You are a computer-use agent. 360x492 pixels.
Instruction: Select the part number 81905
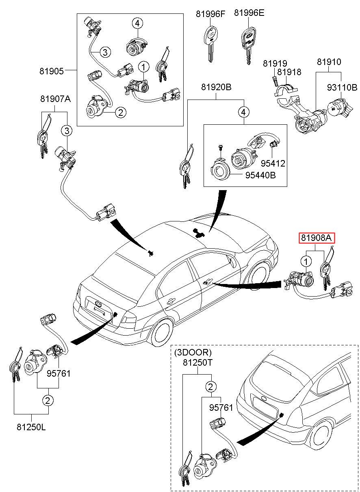coord(52,71)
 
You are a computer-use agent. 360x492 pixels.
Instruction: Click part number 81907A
coord(55,99)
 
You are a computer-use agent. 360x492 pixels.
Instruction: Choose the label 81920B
coord(216,87)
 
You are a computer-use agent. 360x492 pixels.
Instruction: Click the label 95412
coord(273,163)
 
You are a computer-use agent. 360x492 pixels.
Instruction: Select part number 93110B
coord(342,87)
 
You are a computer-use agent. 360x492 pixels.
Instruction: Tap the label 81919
coord(275,63)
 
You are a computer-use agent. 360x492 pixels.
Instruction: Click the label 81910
coord(329,62)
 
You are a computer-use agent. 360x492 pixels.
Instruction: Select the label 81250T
coord(197,363)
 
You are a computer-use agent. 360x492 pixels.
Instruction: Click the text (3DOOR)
coord(193,353)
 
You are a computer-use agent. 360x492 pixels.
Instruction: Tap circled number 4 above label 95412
coord(243,112)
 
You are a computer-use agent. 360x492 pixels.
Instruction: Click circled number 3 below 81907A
coord(66,130)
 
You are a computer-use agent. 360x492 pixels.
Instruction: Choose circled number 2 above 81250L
coord(48,401)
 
